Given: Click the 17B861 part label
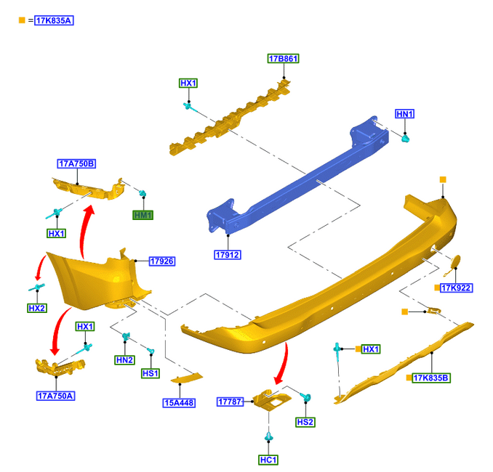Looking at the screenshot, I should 284,59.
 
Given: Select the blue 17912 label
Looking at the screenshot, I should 228,255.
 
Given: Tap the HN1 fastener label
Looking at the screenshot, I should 404,114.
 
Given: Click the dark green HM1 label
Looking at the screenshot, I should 143,215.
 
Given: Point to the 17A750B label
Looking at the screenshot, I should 76,164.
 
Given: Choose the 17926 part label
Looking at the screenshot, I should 161,261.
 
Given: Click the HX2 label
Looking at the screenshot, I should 37,309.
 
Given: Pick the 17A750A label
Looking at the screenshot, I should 55,396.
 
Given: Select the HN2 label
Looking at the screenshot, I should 124,360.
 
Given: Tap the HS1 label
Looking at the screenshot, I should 151,373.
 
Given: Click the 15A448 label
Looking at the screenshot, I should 179,402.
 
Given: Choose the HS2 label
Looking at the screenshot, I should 305,422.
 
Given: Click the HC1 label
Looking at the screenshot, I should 268,460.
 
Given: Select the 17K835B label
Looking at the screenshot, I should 432,378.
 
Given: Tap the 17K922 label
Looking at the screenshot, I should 457,288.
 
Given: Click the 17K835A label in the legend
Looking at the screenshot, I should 54,20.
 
